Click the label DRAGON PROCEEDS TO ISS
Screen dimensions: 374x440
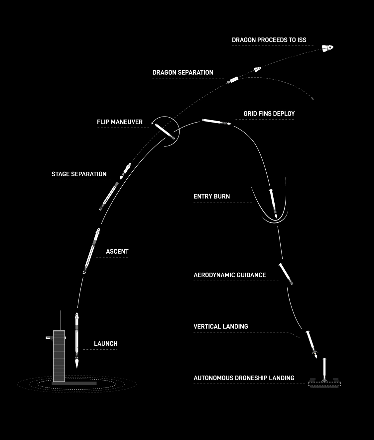pyautogui.click(x=269, y=40)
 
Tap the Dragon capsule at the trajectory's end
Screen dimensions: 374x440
pyautogui.click(x=327, y=48)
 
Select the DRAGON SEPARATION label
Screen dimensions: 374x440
pyautogui.click(x=183, y=73)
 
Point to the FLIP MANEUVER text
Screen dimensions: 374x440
pyautogui.click(x=120, y=122)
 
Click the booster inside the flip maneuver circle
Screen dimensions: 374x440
pyautogui.click(x=165, y=132)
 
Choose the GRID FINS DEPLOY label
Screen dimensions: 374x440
pyautogui.click(x=269, y=114)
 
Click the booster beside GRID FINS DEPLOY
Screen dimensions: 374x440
pyautogui.click(x=216, y=122)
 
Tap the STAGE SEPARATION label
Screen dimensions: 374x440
pyautogui.click(x=79, y=174)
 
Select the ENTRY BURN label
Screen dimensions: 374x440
pyautogui.click(x=212, y=196)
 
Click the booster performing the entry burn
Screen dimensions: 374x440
pyautogui.click(x=273, y=203)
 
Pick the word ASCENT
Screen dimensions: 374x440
pyautogui.click(x=117, y=251)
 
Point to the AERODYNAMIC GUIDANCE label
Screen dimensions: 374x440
pyautogui.click(x=230, y=275)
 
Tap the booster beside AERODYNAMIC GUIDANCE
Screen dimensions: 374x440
pyautogui.click(x=286, y=274)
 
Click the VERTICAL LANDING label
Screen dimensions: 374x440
pyautogui.click(x=221, y=326)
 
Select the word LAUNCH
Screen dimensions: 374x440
pyautogui.click(x=106, y=344)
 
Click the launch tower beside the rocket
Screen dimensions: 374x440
pyautogui.click(x=59, y=356)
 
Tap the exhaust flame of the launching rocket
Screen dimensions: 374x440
pyautogui.click(x=77, y=364)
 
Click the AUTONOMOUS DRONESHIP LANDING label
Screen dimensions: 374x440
pyautogui.click(x=244, y=378)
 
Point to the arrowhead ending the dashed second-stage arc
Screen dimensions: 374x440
pyautogui.click(x=312, y=99)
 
